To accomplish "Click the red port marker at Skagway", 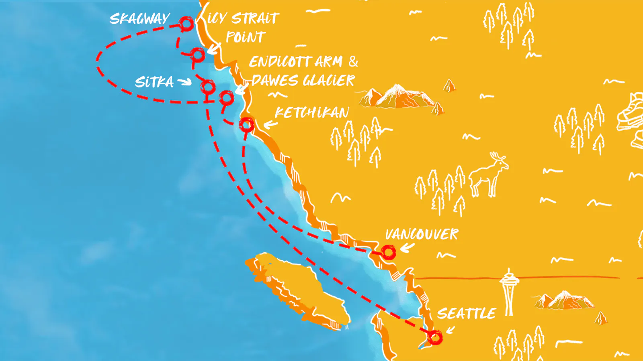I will (x=186, y=24).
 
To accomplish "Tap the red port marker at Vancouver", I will (x=388, y=252).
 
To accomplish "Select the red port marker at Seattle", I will (x=435, y=337).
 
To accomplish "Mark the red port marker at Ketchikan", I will (x=247, y=125).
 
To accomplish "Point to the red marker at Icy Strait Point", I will (x=197, y=55).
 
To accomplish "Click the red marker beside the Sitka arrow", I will (x=208, y=87).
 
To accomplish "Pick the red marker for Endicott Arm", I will (x=227, y=97).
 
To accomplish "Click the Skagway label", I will (x=139, y=19).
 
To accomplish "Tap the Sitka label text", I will (x=154, y=82).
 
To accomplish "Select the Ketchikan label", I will (x=312, y=113).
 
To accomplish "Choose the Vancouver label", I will (x=422, y=234).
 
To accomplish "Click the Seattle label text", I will (x=466, y=313).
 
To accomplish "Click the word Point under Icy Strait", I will (x=246, y=37).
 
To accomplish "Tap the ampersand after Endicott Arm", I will (x=353, y=61).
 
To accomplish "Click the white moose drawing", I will (x=489, y=174).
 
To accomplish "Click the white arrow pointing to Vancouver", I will (x=407, y=248).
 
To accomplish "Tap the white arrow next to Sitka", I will (x=184, y=82).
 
